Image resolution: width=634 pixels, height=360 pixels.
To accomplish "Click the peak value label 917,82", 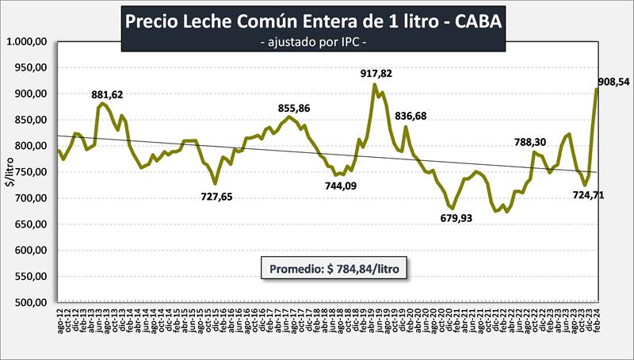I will pyautogui.click(x=376, y=74).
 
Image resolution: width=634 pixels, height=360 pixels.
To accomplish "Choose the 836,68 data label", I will pyautogui.click(x=411, y=116).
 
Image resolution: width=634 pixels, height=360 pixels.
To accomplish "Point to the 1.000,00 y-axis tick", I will pyautogui.click(x=28, y=42).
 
